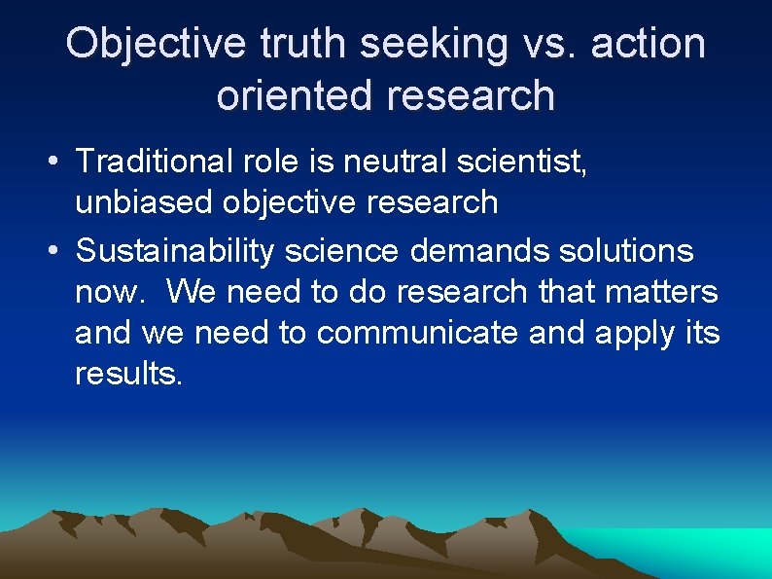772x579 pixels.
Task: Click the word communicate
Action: (418, 332)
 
